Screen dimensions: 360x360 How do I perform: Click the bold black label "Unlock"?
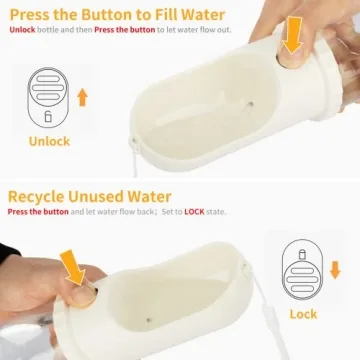click(x=49, y=141)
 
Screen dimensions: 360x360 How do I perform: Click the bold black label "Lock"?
click(x=303, y=313)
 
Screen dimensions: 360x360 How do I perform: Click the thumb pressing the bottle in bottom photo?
click(x=60, y=300)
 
